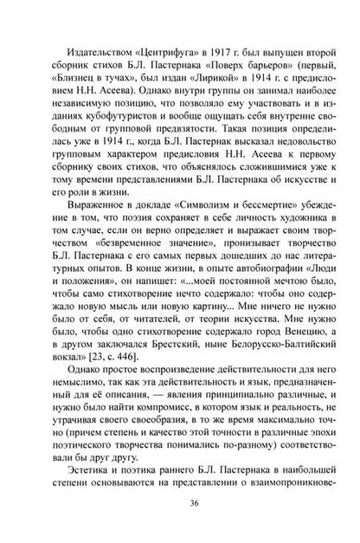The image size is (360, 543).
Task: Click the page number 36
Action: point(180,509)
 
